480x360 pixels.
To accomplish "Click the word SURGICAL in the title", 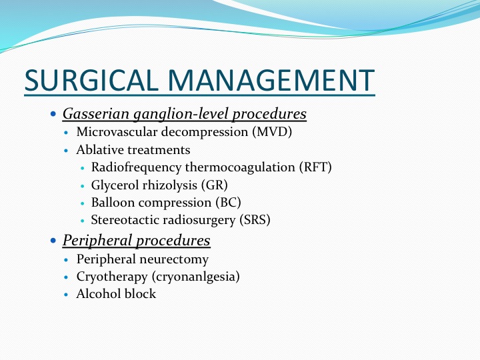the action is coord(91,80).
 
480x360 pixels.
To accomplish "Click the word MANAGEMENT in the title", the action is coord(271,80).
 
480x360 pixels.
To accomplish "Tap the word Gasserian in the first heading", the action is coord(96,114).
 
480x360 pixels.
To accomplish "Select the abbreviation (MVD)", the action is coord(272,132).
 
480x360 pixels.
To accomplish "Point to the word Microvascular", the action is coord(117,132).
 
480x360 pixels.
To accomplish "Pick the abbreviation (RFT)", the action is coord(315,167).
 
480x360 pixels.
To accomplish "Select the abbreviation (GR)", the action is coord(215,185).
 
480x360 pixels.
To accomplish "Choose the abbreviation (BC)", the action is coord(229,203).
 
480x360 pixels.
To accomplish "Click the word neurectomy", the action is coord(175,259).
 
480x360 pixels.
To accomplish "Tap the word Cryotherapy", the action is coord(112,277).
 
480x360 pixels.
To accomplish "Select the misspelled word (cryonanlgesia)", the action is coord(195,277).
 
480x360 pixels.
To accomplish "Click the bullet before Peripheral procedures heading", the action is coord(53,240).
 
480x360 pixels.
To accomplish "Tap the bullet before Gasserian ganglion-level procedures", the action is coord(53,114).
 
